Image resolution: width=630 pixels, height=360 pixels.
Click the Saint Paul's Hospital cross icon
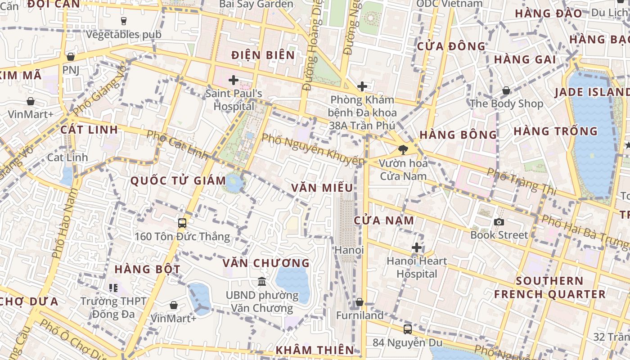[233, 81]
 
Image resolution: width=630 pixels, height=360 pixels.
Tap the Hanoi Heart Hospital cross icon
[417, 247]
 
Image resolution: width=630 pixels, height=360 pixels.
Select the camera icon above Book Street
[499, 221]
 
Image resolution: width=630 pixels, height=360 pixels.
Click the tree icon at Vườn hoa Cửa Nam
[403, 150]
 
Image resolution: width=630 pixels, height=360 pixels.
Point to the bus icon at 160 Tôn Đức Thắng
[182, 223]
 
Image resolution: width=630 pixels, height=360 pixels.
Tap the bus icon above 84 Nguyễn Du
[407, 329]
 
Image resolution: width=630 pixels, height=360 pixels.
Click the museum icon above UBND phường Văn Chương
[261, 282]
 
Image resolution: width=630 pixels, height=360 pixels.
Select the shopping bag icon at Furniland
[359, 302]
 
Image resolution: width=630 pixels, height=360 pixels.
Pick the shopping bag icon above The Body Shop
[506, 90]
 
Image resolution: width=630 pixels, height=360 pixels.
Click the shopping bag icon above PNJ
[70, 57]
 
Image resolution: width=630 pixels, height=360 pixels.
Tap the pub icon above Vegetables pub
[123, 21]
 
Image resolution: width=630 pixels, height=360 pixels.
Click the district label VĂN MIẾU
[322, 188]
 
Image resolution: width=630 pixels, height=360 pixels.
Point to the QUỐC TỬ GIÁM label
[178, 181]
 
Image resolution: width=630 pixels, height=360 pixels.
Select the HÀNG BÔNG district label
[458, 135]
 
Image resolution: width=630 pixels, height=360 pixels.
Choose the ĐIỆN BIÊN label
[263, 55]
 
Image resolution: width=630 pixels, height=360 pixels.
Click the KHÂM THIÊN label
[315, 350]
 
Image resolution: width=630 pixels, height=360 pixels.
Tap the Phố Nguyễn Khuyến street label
[313, 149]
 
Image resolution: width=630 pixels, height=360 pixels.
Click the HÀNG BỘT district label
[147, 269]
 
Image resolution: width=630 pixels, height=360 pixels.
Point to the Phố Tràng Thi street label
[522, 182]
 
